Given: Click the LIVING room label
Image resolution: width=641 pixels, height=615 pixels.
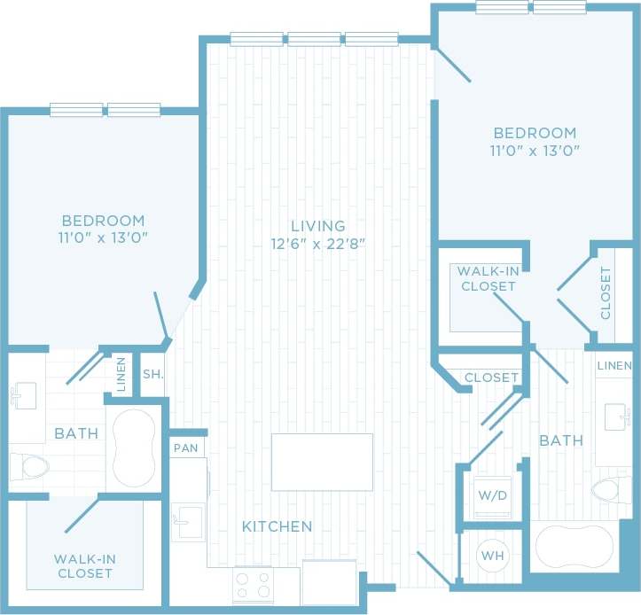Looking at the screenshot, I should click(320, 226).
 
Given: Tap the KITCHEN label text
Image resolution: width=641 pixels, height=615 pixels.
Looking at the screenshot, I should click(278, 526).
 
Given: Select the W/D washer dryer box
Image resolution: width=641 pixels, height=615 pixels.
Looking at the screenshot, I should click(492, 495).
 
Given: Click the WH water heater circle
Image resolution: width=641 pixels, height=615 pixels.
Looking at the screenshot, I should click(492, 556).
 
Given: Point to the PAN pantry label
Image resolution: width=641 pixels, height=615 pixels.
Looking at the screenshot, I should click(186, 448).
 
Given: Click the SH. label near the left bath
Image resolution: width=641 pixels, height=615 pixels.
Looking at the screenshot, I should click(152, 374).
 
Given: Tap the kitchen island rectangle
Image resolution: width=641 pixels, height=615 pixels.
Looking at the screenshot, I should click(322, 462).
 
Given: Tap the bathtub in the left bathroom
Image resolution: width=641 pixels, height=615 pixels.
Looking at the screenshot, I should click(135, 448).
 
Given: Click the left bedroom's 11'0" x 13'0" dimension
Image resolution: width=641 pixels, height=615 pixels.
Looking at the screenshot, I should click(103, 237).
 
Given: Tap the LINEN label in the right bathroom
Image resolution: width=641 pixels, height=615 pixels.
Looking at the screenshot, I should click(614, 366).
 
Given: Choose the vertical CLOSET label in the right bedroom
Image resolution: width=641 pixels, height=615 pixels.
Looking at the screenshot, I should click(606, 292).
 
